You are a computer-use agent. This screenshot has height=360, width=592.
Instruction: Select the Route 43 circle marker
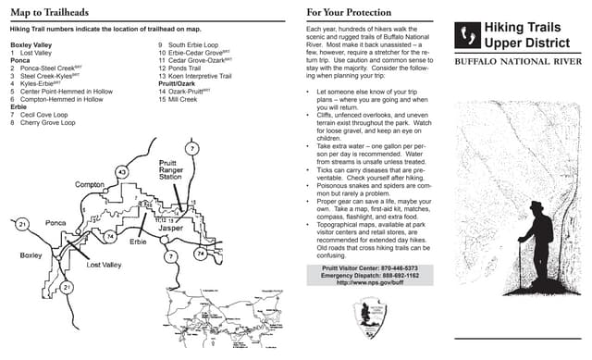pyautogui.click(x=122, y=171)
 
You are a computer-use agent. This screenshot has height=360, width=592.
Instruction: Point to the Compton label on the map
pyautogui.click(x=90, y=185)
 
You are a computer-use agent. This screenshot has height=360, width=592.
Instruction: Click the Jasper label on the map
pyautogui.click(x=171, y=228)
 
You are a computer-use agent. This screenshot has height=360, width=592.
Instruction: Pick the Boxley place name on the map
pyautogui.click(x=31, y=254)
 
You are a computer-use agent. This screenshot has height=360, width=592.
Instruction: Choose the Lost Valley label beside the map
pyautogui.click(x=104, y=266)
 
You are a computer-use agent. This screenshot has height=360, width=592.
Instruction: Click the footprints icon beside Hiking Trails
pyautogui.click(x=467, y=35)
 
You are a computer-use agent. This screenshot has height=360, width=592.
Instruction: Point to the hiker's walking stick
pyautogui.click(x=520, y=278)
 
